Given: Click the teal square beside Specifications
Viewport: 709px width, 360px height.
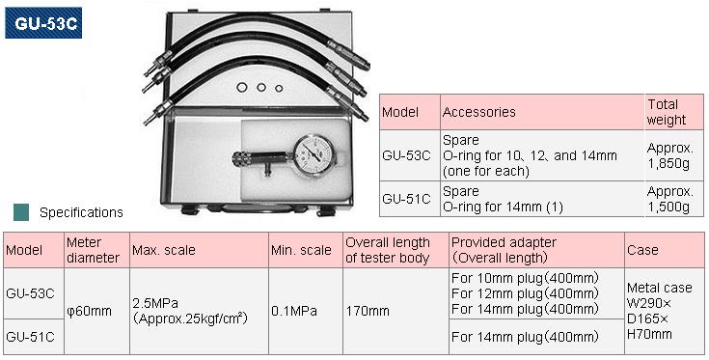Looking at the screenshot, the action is pos(20,211).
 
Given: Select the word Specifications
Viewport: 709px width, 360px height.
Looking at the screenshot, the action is pos(81,212).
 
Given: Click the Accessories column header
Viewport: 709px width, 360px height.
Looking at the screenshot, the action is pos(479,112).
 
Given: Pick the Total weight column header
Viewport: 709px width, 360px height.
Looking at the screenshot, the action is pos(667,112).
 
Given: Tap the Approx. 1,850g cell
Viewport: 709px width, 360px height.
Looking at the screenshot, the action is pos(670,155).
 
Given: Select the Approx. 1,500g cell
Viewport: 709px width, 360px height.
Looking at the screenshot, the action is pos(670,199).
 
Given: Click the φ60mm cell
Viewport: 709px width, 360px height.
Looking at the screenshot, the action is pos(89,311).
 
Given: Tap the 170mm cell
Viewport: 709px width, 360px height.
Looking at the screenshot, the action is pos(368,311).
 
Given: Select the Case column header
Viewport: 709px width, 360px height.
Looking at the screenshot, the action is pos(642,250).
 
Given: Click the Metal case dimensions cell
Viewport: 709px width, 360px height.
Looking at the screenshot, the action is pos(661,310).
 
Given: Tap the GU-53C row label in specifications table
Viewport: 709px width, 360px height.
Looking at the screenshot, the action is pos(31,292).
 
